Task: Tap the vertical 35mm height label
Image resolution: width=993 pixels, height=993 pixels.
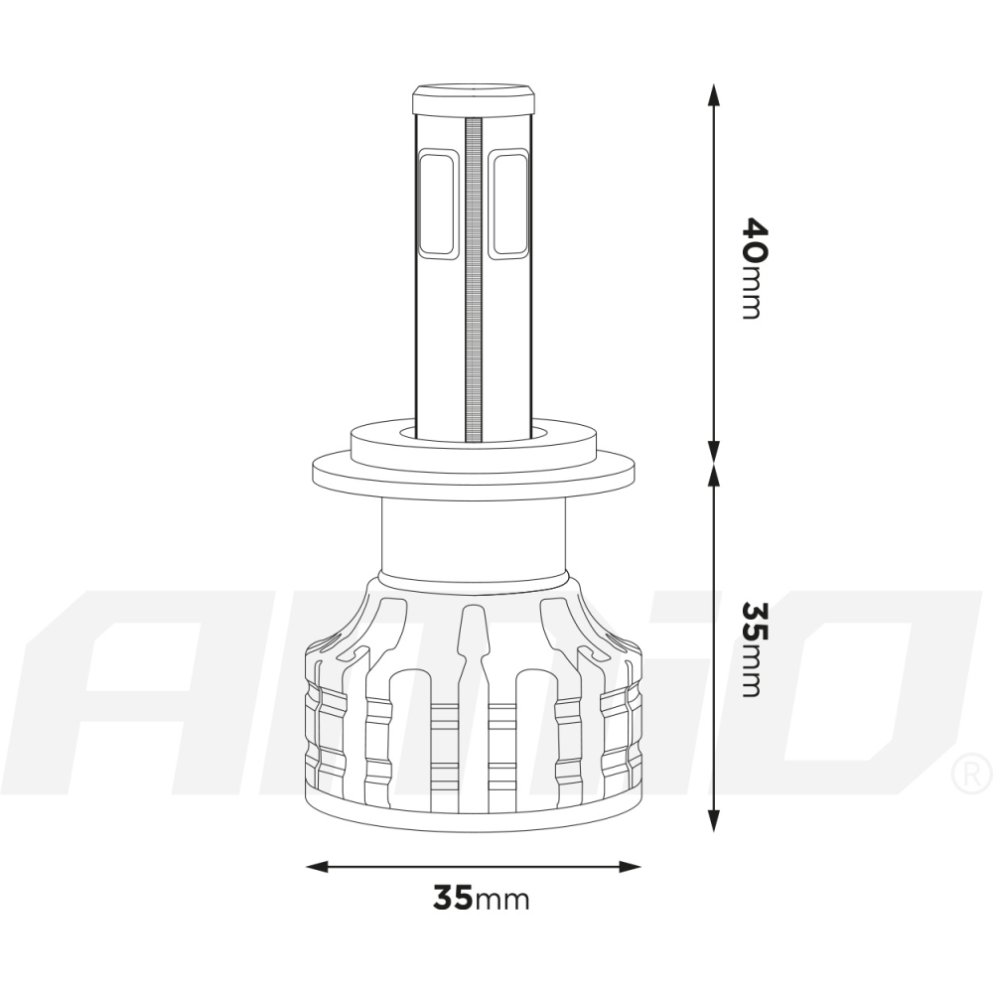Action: (752, 647)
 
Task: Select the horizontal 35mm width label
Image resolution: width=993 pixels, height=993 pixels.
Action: (481, 899)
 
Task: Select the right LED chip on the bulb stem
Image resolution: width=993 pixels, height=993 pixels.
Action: (508, 202)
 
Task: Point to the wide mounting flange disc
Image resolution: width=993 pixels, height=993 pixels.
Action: (474, 469)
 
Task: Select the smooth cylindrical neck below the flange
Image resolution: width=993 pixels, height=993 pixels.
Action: (474, 536)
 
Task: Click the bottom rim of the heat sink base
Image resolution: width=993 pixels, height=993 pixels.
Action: (474, 822)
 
